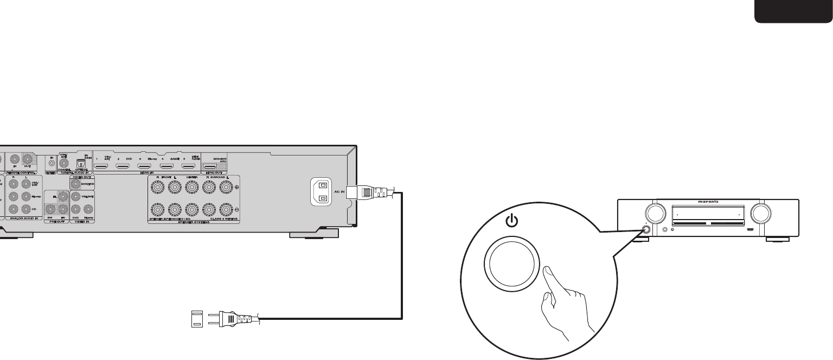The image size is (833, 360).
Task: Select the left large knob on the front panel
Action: [x=653, y=213]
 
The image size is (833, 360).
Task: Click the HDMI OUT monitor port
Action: [x=210, y=165]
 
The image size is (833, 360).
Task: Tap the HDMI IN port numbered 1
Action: [x=101, y=165]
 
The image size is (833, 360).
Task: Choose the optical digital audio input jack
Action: [x=82, y=162]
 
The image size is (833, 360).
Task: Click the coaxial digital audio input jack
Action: [x=65, y=161]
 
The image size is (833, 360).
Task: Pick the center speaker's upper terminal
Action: [x=191, y=187]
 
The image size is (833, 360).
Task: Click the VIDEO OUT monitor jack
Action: [x=76, y=184]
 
